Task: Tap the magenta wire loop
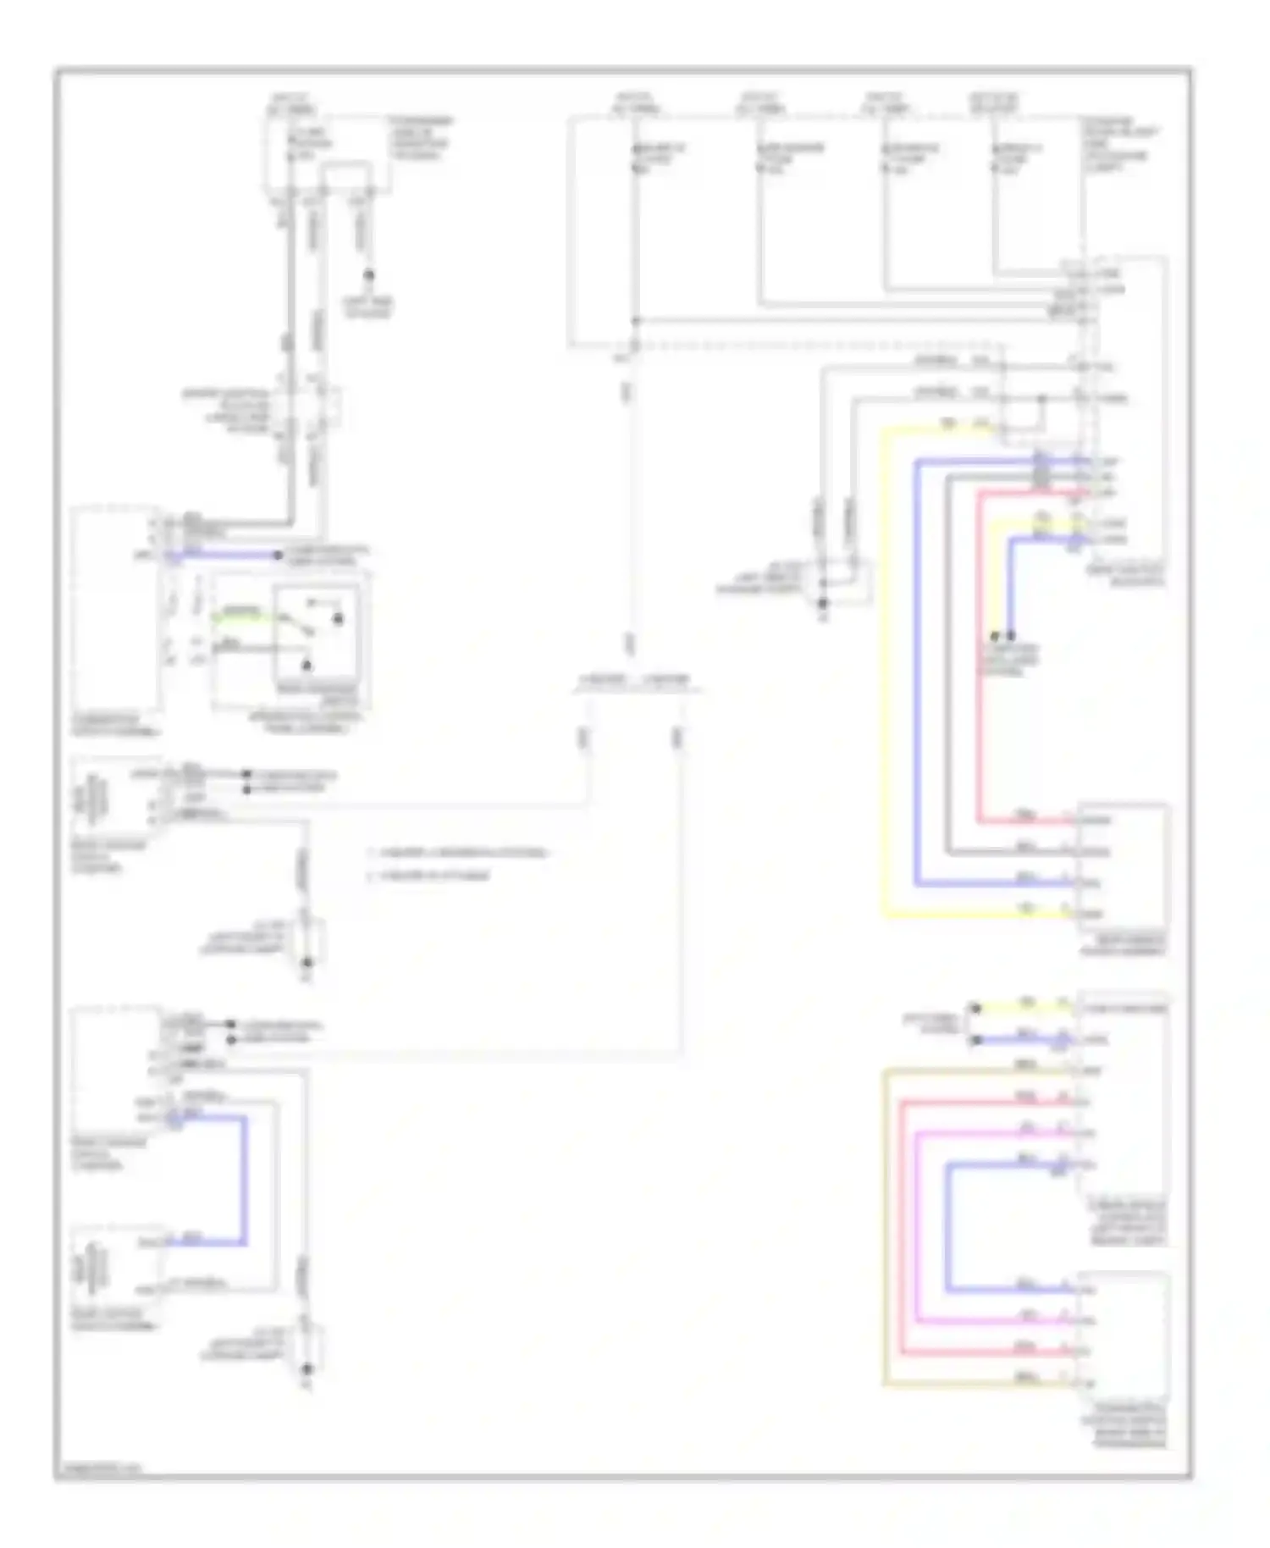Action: (917, 1228)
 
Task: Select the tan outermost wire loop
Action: (885, 1228)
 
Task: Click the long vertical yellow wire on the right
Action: (885, 677)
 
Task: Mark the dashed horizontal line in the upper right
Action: (813, 346)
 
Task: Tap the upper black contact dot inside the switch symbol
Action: (337, 619)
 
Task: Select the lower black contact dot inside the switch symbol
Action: (307, 666)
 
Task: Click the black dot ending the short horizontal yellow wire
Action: (975, 1008)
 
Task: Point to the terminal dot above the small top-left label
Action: (368, 275)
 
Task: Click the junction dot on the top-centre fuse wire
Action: (635, 321)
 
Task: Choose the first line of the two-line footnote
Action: (457, 853)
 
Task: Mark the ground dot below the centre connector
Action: (824, 603)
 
